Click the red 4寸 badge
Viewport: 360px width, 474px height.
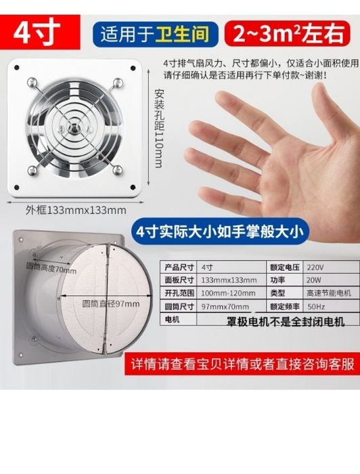(x=40, y=32)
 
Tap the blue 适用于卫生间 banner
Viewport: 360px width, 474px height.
(x=155, y=34)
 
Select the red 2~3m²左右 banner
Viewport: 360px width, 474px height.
(x=288, y=33)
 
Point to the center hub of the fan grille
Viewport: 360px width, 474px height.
(x=73, y=127)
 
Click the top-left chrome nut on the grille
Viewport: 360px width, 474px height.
(x=32, y=83)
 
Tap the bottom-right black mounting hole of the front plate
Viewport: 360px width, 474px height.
(x=133, y=188)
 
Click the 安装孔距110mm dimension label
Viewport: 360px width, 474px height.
(x=159, y=128)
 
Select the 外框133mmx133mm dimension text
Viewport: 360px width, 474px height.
(x=76, y=210)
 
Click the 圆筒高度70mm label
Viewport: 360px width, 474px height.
(x=51, y=268)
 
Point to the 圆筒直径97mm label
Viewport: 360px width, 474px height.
(x=111, y=303)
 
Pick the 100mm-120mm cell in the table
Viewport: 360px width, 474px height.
(x=231, y=293)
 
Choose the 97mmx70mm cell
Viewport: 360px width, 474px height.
(x=231, y=306)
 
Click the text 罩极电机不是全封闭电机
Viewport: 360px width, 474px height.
(x=286, y=322)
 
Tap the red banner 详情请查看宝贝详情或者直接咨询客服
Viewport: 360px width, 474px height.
(x=242, y=364)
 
